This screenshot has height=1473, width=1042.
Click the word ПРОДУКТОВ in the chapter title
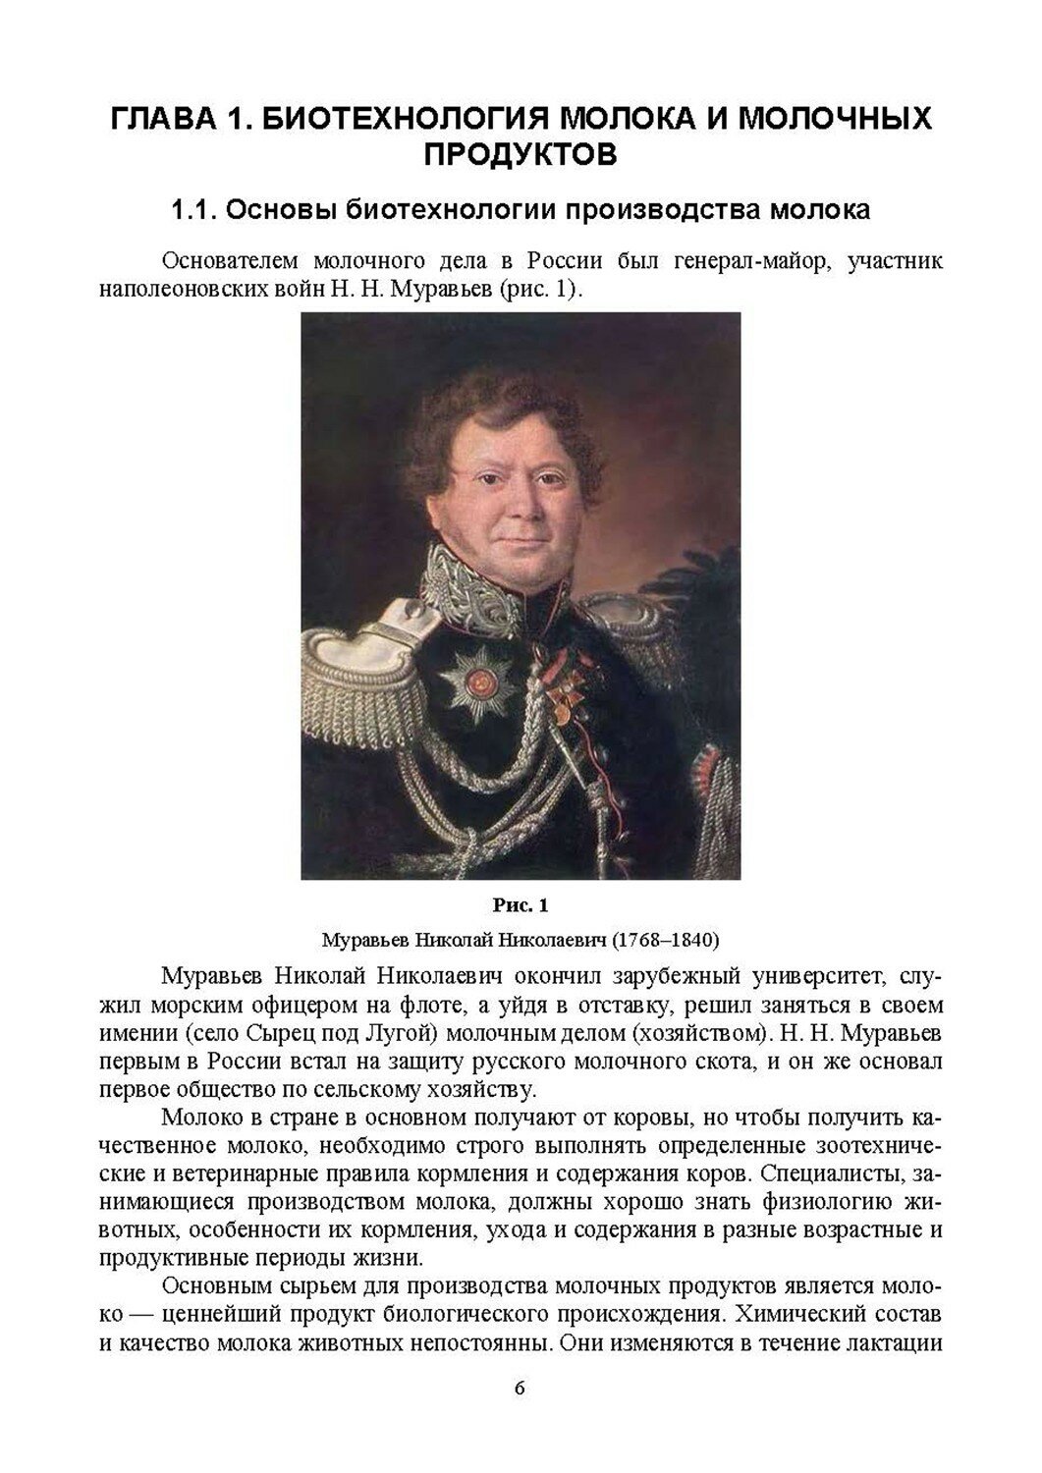[x=520, y=154]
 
